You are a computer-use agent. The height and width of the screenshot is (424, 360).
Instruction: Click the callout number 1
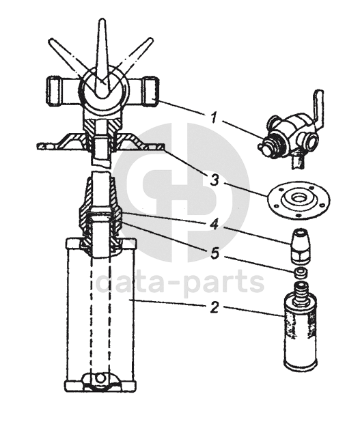(x=214, y=118)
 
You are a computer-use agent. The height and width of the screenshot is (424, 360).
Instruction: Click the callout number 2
(x=214, y=307)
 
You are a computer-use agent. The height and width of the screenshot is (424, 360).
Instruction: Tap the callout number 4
(x=214, y=224)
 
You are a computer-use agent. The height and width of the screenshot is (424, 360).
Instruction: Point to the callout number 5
(x=214, y=253)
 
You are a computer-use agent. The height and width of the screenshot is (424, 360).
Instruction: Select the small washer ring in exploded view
(x=300, y=272)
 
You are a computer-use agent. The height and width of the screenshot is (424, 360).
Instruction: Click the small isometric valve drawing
(x=291, y=128)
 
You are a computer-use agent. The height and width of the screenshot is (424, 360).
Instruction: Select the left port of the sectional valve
(x=57, y=91)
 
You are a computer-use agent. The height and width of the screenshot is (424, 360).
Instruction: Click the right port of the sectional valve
(x=148, y=91)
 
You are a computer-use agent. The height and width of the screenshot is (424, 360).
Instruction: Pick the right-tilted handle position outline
(x=132, y=60)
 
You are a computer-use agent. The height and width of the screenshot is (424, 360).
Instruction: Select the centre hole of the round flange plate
(x=299, y=199)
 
